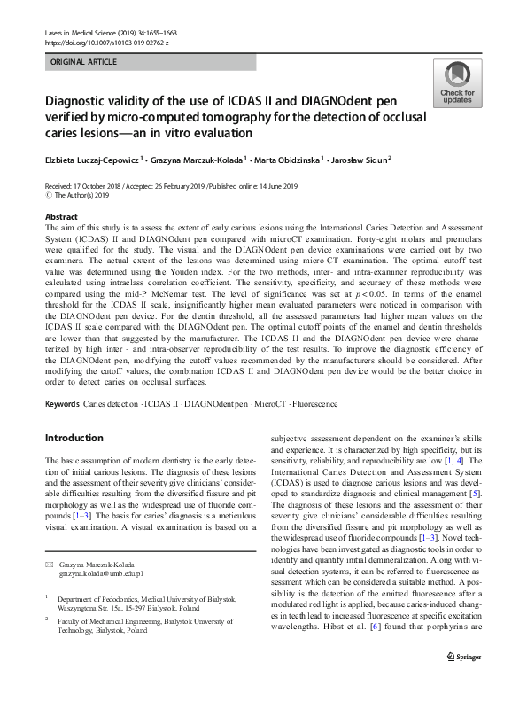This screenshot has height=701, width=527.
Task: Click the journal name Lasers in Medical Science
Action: [85, 31]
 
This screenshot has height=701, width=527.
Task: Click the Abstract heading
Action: [61, 217]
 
